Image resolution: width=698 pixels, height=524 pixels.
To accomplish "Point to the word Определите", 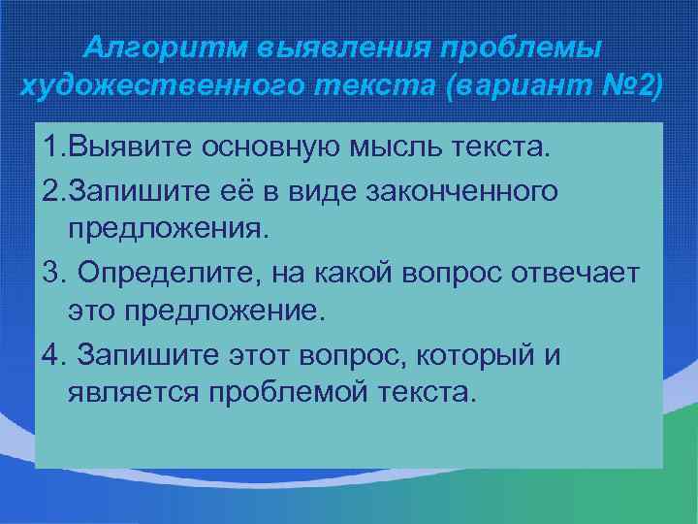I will [166, 273].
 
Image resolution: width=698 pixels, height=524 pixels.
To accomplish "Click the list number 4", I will [51, 354].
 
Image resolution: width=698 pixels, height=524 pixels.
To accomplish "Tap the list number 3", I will [51, 273].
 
